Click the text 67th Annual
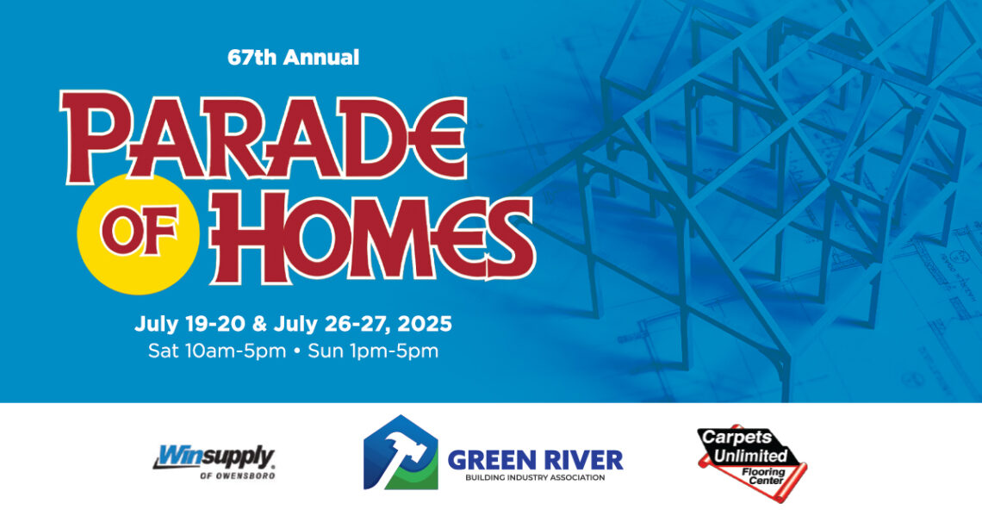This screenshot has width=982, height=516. pos(294,59)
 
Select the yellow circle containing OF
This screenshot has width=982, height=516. pos(138,227)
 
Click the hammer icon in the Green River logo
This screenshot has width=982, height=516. pos(399,452)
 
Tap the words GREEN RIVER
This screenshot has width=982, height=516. pos(535,458)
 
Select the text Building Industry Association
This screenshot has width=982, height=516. pos(535,477)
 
